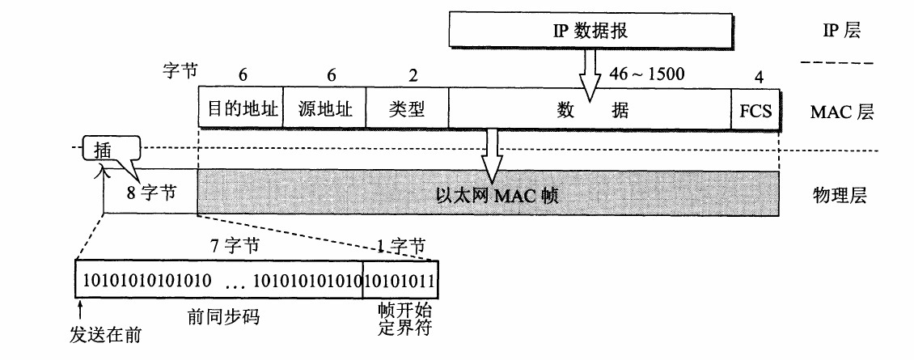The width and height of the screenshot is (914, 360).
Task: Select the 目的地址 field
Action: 240,108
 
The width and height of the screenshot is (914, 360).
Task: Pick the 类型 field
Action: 406,108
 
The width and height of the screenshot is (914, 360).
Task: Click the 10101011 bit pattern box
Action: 400,282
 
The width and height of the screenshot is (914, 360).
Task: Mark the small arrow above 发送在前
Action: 80,308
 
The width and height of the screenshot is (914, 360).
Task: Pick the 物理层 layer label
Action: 840,195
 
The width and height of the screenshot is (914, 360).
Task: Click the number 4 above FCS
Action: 758,76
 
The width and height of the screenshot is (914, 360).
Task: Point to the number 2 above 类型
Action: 413,75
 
